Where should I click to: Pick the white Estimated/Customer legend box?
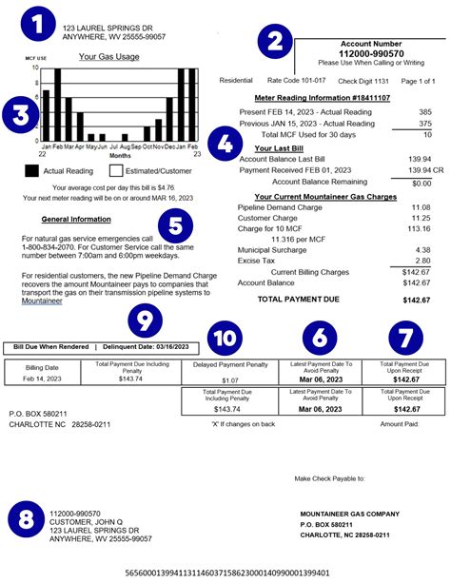click(118, 170)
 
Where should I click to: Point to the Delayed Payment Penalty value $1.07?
click(231, 380)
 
